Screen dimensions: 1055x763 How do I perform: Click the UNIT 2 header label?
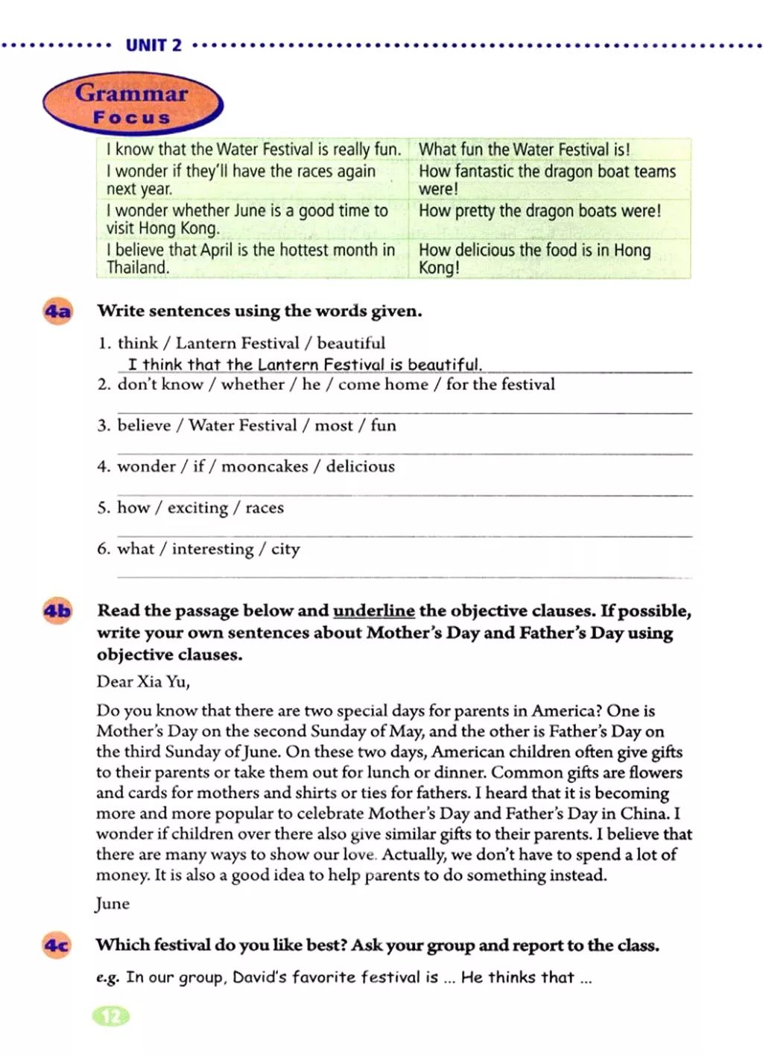[x=153, y=45]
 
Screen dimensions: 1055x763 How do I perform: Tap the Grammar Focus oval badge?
[x=132, y=104]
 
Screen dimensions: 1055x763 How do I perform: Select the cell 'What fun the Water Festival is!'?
[x=524, y=149]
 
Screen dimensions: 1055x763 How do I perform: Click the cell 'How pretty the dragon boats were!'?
[x=539, y=210]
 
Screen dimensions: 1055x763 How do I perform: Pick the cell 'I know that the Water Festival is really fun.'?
[x=253, y=149]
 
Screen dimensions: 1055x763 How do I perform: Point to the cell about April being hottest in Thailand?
[x=250, y=258]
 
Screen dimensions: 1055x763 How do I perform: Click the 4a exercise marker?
[x=57, y=312]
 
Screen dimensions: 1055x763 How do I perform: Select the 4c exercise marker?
[x=57, y=946]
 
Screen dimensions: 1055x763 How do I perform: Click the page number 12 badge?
[x=110, y=1016]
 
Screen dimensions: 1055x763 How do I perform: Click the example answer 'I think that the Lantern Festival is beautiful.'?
[x=305, y=365]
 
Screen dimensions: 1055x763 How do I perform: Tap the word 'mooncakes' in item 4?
[x=265, y=467]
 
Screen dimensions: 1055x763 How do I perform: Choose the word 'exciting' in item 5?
[x=197, y=508]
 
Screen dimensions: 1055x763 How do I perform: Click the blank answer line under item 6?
[x=405, y=576]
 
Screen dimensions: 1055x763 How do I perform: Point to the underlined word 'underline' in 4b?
[x=373, y=611]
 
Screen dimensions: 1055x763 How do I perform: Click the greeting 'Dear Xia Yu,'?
[x=143, y=681]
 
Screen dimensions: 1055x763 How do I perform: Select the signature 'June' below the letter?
[x=113, y=904]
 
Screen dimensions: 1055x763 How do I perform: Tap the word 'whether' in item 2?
[x=253, y=385]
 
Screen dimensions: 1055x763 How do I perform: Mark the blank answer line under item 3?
[x=405, y=453]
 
